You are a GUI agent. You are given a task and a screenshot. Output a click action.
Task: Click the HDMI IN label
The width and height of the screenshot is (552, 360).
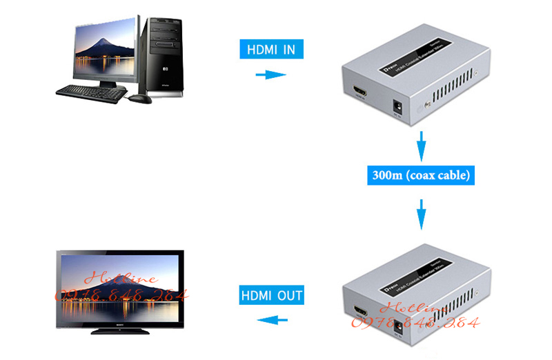(271, 49)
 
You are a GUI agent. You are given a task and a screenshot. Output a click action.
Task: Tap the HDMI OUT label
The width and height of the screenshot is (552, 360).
(272, 296)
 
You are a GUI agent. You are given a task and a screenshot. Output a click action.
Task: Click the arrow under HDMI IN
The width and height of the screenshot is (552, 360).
(270, 74)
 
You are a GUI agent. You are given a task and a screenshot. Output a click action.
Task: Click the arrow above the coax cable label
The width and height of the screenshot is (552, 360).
(421, 147)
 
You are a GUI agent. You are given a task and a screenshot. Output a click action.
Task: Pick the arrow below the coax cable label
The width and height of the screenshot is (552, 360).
(421, 213)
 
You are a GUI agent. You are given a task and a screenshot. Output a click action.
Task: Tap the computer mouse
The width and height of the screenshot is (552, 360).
(140, 99)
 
